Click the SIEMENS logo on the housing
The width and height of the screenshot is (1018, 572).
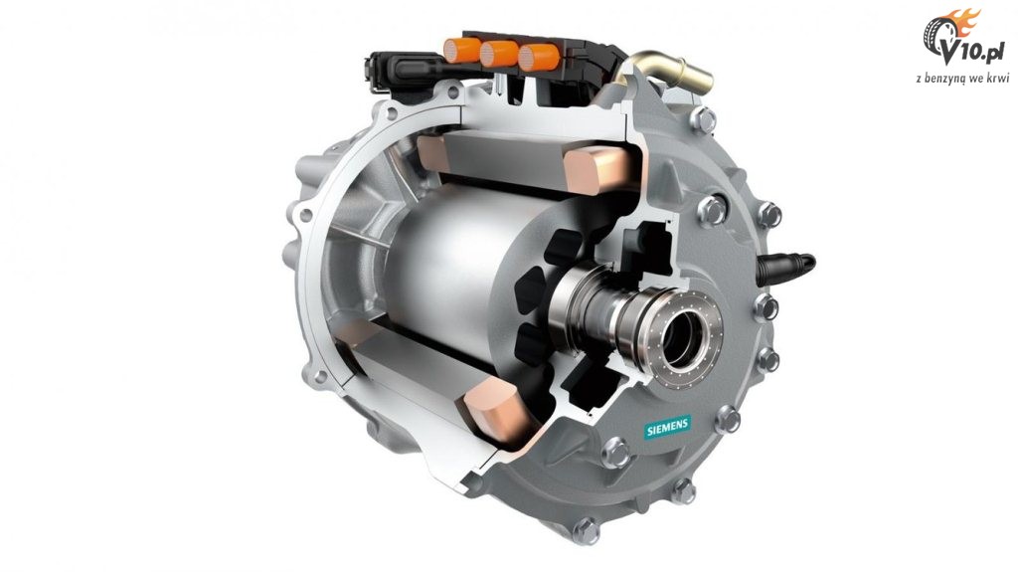point(667,428)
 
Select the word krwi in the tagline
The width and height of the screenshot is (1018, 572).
point(1000,78)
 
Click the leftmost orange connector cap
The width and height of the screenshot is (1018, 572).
point(461,51)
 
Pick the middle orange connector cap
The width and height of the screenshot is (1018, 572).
point(499,54)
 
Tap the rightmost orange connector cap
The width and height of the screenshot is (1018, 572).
point(538,58)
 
